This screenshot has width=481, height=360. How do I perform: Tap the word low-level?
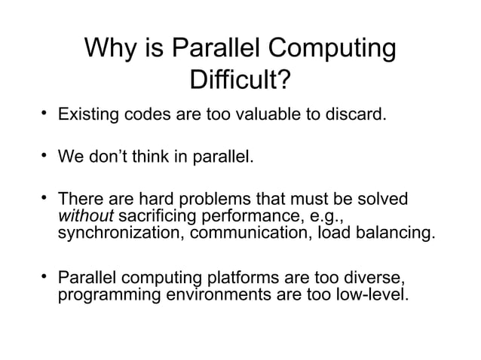click(x=373, y=291)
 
